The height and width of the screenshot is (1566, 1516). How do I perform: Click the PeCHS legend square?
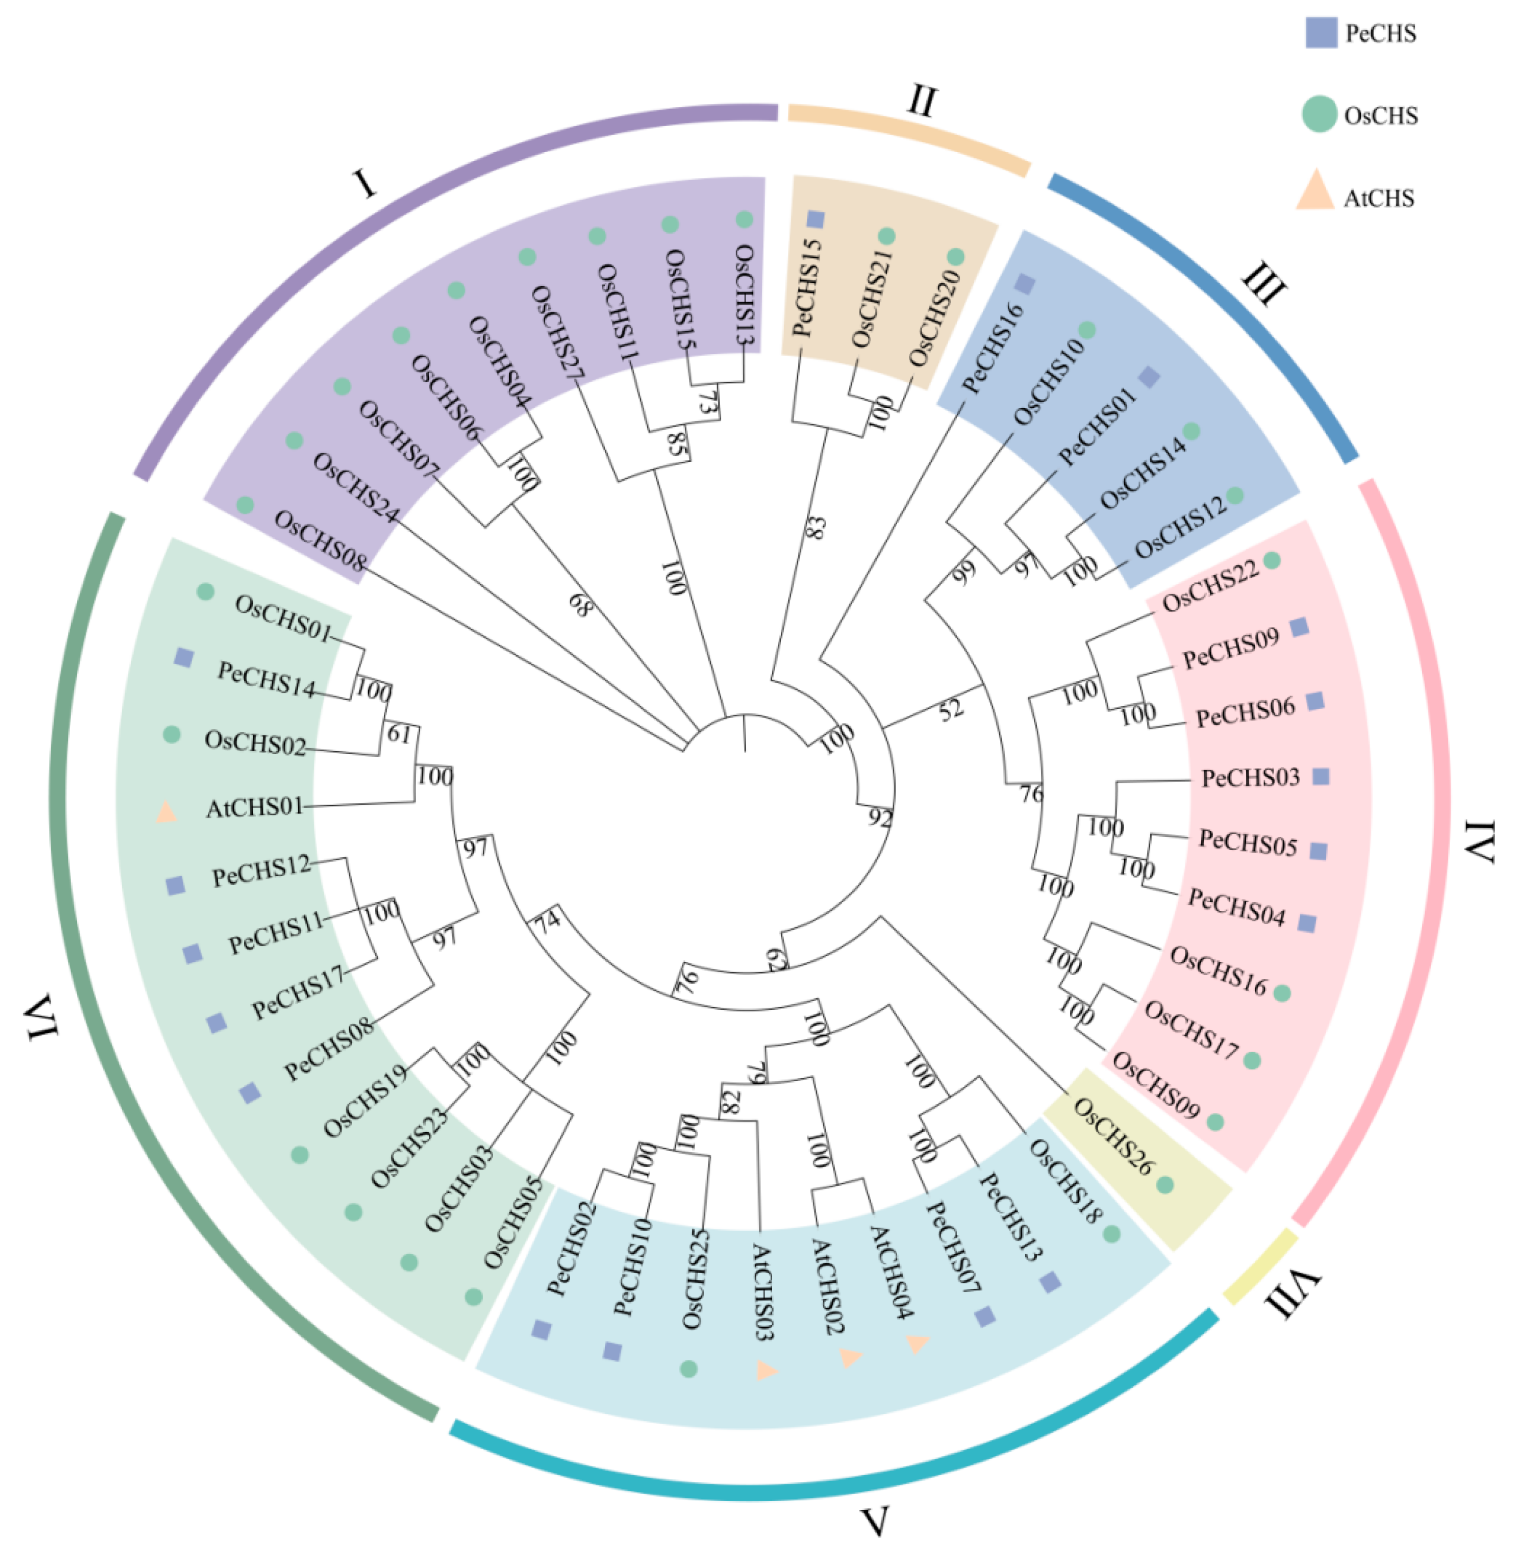pos(1320,33)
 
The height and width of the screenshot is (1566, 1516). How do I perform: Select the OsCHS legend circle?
pos(1319,114)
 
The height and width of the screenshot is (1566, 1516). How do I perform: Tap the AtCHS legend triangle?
pos(1315,193)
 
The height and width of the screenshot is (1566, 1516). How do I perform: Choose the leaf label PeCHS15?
pos(806,288)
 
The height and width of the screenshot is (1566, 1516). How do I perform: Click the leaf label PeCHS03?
pos(1251,777)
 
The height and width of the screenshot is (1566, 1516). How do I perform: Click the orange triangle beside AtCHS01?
pos(166,813)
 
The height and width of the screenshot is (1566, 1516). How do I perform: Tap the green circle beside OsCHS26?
pos(1165,1185)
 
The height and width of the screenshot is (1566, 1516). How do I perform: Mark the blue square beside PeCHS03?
pos(1320,776)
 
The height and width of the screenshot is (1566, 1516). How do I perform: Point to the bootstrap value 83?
pos(815,527)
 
